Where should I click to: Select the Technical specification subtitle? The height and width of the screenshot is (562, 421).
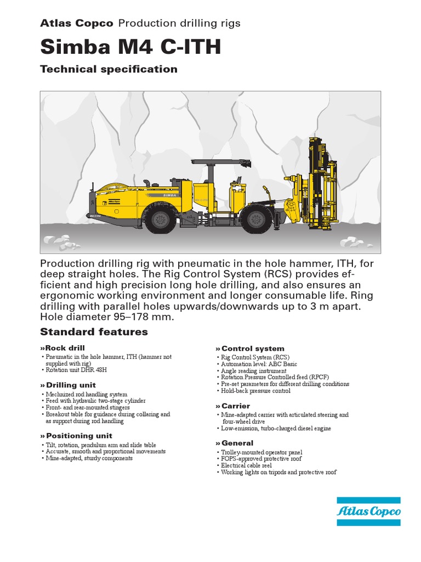109,69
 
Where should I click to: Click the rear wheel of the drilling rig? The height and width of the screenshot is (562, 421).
161,219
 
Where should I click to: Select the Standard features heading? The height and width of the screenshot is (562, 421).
94,331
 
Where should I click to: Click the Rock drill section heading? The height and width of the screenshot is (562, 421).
62,349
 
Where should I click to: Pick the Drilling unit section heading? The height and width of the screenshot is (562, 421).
68,386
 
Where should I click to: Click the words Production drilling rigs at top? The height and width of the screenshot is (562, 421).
179,23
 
